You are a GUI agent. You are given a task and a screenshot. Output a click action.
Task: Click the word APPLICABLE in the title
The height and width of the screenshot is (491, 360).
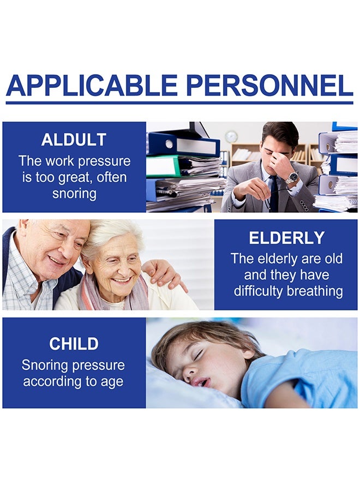[x=92, y=85]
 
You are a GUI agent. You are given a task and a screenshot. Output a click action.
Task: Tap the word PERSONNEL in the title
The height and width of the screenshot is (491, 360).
[x=269, y=85]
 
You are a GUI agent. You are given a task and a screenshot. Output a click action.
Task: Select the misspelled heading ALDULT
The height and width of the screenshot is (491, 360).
[x=74, y=140]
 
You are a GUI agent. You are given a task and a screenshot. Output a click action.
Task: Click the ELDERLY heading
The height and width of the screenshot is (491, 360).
[x=286, y=238]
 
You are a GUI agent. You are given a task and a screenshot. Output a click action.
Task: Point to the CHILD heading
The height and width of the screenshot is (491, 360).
[x=74, y=344]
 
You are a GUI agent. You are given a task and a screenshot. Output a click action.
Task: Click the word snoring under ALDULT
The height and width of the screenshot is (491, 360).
[x=74, y=194]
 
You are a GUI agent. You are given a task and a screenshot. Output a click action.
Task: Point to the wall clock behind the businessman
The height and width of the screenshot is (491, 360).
[x=231, y=136]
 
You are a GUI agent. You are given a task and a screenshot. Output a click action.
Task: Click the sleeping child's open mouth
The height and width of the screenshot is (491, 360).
[x=201, y=382]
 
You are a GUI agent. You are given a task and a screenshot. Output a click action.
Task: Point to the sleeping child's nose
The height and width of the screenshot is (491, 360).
[x=189, y=371]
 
